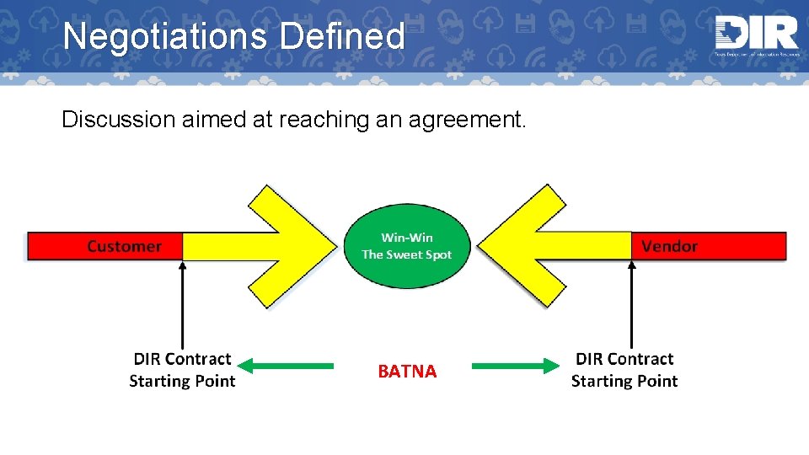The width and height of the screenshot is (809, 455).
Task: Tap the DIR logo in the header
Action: [755, 35]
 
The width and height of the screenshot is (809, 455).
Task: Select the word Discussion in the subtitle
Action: [119, 120]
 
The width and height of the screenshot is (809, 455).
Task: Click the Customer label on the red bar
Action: [124, 246]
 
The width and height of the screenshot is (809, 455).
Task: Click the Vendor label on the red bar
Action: [669, 246]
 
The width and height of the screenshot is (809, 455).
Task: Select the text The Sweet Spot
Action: [407, 254]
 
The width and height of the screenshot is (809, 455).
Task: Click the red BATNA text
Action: [407, 372]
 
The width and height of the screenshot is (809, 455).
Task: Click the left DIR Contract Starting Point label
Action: [182, 370]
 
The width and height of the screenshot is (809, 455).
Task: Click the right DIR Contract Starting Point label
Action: [624, 370]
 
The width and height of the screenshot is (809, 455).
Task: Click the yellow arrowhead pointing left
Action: [531, 246]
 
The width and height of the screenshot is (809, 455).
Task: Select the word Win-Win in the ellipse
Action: [407, 238]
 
